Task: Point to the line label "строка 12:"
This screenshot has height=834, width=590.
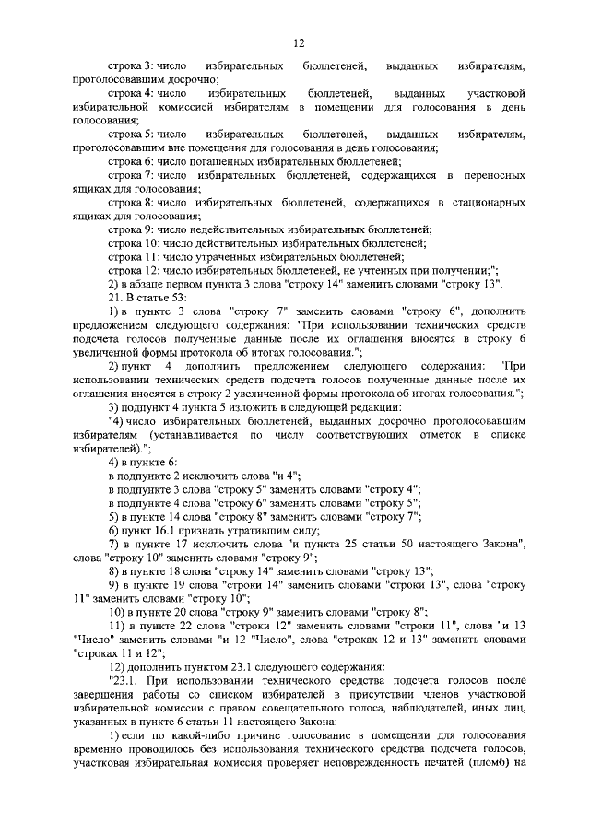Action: click(x=133, y=270)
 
